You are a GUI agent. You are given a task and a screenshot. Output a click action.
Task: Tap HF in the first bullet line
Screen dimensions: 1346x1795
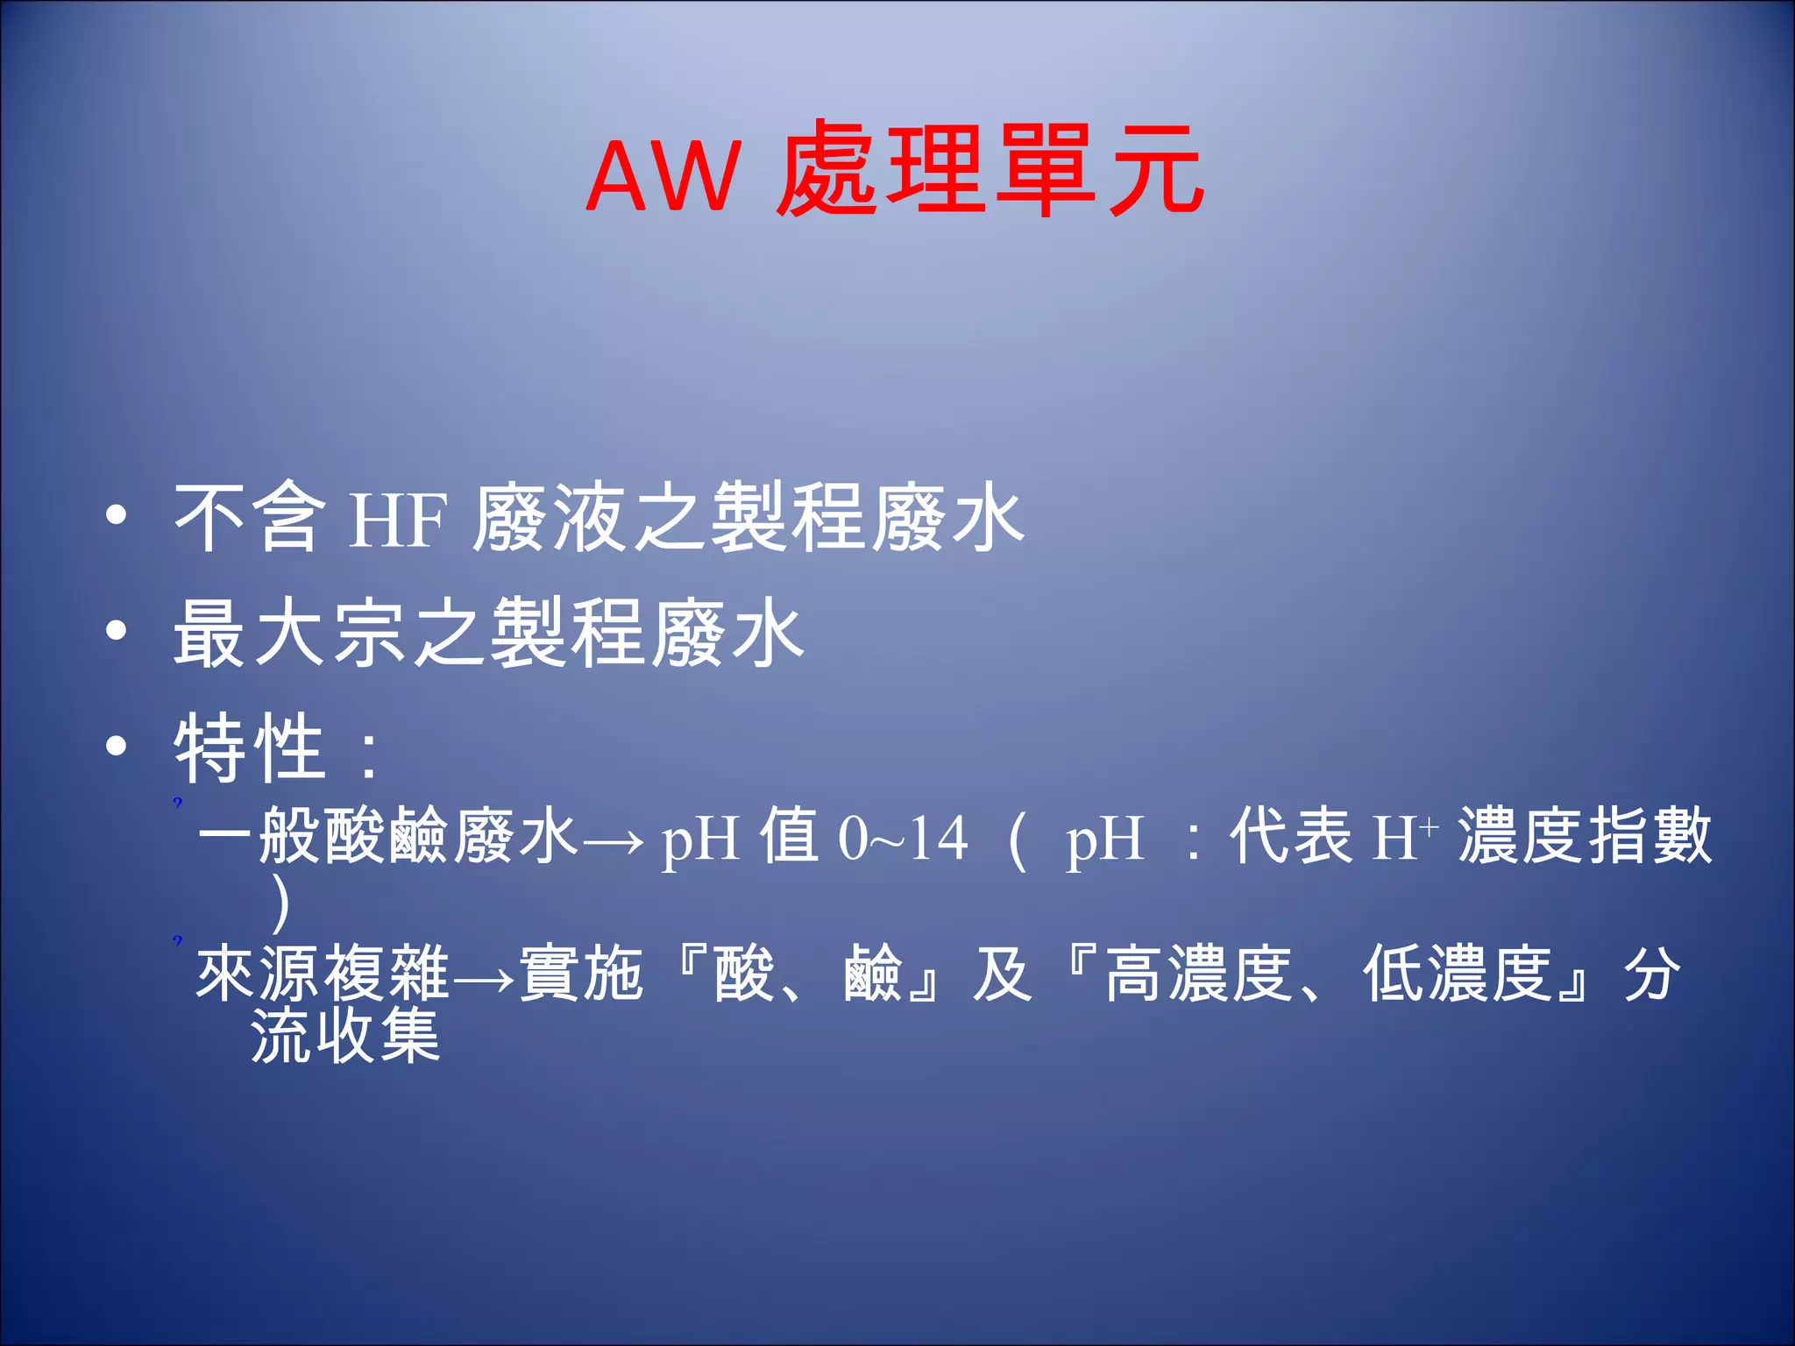[399, 521]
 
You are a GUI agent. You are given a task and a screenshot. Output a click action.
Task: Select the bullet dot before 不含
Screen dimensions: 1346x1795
[117, 516]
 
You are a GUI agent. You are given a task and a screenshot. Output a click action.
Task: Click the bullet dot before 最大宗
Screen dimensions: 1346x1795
[117, 631]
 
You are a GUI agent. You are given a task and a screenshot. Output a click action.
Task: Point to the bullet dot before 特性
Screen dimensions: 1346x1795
[117, 746]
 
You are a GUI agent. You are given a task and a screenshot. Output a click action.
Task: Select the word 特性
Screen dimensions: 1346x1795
[250, 747]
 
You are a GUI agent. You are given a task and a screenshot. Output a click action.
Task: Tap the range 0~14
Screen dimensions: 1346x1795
[903, 839]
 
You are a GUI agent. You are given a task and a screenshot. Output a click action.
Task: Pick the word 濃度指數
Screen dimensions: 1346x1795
[1585, 837]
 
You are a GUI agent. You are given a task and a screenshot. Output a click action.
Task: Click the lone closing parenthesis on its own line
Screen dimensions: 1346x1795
[280, 905]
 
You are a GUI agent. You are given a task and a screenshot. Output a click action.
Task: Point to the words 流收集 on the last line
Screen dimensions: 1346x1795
[345, 1037]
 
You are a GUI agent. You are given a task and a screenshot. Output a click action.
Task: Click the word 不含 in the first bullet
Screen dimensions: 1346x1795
[248, 519]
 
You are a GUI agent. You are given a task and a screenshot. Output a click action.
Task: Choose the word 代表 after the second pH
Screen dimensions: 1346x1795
[1291, 837]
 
